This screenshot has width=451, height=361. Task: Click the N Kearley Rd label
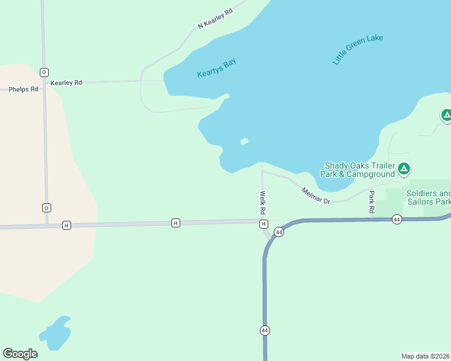(215, 19)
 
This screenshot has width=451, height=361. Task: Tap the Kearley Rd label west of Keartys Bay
(66, 82)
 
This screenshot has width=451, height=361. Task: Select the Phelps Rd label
(24, 90)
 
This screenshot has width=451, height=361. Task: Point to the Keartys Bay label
(216, 67)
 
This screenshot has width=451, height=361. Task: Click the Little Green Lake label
(358, 50)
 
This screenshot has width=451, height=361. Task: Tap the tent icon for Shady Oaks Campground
(404, 168)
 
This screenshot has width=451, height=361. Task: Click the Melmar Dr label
(316, 196)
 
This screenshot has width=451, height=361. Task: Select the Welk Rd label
(263, 203)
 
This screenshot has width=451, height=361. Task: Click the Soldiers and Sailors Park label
(428, 197)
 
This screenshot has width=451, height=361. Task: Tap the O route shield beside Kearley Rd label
(44, 72)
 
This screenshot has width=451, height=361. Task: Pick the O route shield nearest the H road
(46, 208)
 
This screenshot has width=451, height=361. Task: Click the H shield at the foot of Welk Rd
(263, 224)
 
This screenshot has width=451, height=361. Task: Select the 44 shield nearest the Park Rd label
(396, 219)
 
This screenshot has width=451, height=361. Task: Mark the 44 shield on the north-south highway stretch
(265, 330)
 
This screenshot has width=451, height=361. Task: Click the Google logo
(20, 354)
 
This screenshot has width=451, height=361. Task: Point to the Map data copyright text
(426, 356)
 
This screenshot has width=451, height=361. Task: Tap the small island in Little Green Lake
(244, 141)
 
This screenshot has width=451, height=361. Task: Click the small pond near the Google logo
(55, 333)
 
